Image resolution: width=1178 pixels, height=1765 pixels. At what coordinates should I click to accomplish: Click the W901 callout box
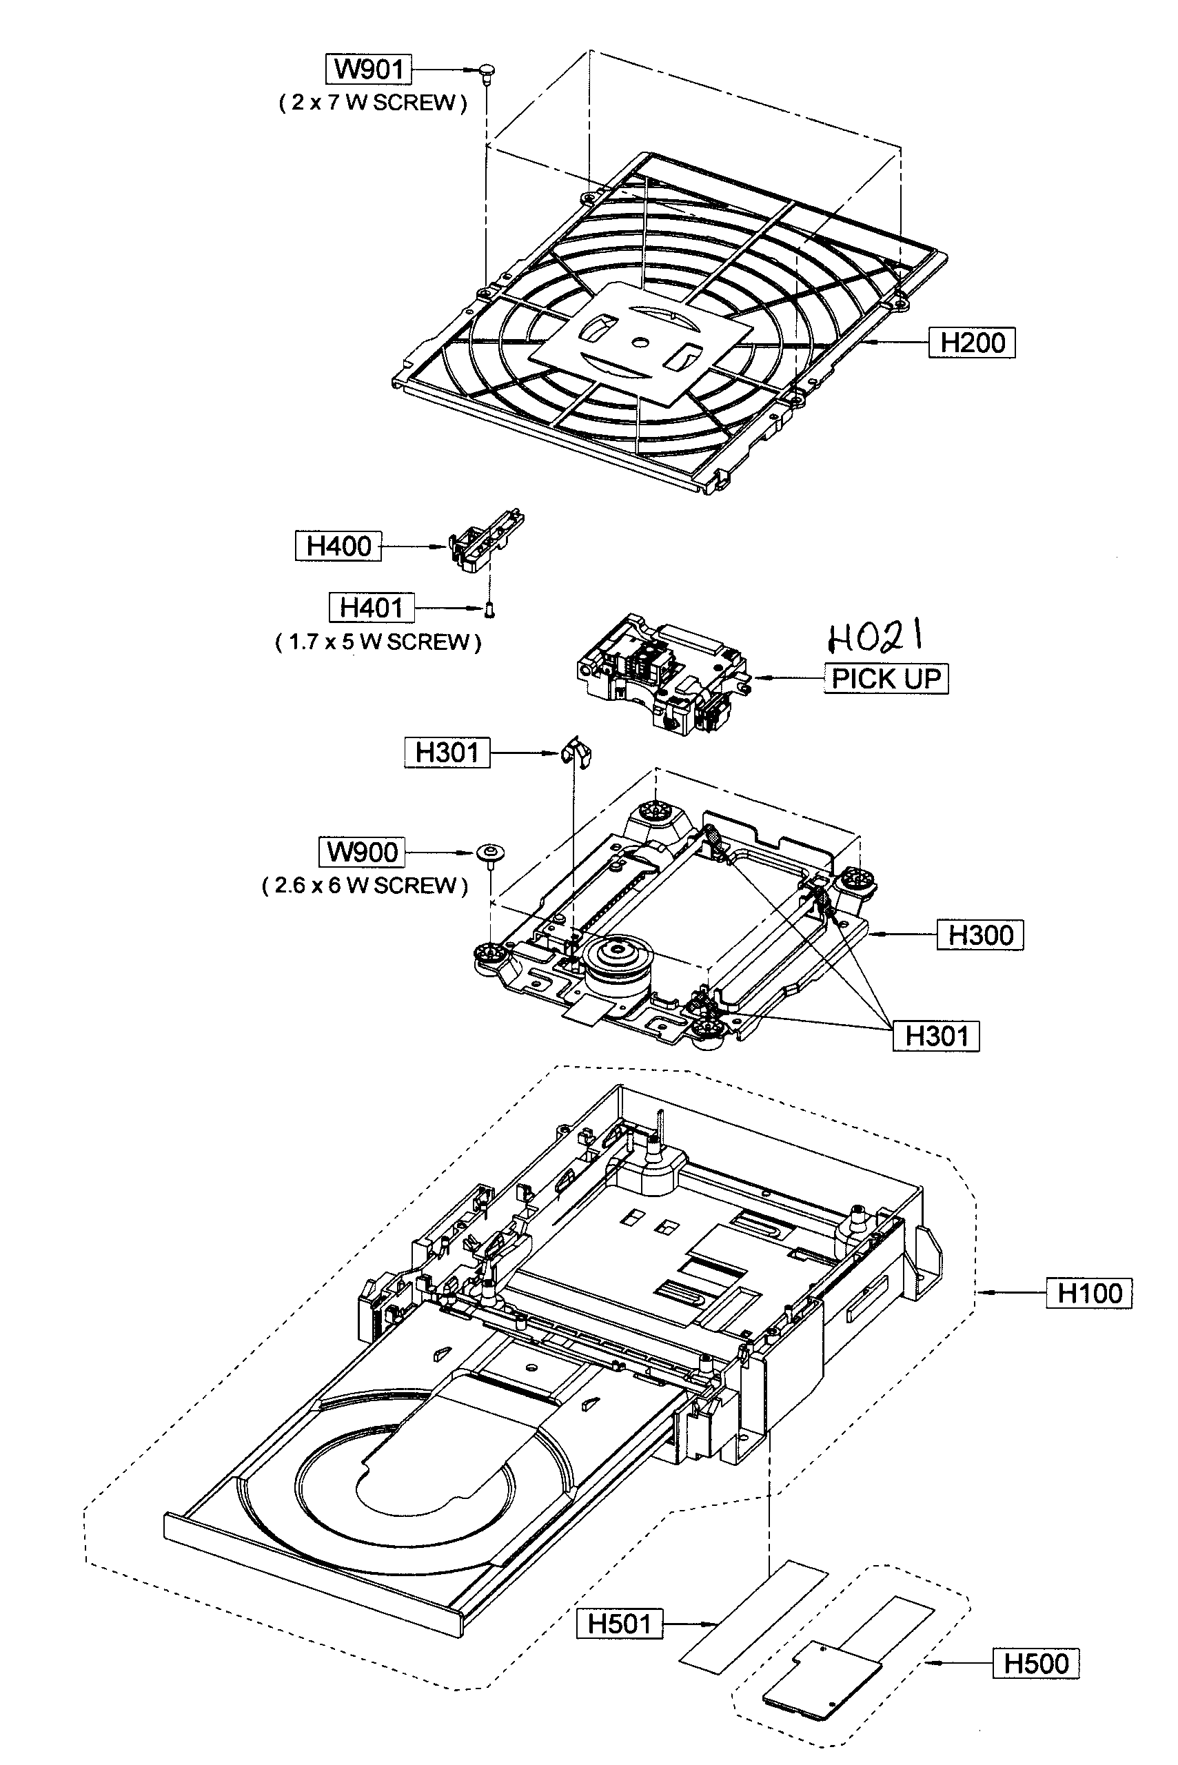369,69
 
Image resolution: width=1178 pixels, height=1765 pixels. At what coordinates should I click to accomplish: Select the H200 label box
972,343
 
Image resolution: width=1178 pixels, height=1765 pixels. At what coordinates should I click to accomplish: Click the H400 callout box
338,546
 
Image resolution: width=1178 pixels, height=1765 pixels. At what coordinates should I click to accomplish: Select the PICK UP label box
886,678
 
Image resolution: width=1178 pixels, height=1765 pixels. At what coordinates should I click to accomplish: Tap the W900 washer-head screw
490,854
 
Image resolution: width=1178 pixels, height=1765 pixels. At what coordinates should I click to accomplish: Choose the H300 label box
980,935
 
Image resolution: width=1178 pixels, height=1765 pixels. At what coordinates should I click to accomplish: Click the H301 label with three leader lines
936,1036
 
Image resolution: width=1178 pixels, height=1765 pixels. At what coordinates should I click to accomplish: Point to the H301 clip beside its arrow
576,751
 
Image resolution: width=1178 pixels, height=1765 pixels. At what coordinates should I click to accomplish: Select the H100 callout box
1088,1294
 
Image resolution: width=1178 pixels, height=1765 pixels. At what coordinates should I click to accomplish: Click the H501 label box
619,1624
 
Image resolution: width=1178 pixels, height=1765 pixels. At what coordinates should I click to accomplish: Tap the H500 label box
1036,1663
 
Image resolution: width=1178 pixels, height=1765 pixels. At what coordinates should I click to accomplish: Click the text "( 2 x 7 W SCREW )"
373,103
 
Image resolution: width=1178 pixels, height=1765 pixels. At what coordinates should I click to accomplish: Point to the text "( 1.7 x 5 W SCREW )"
378,642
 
